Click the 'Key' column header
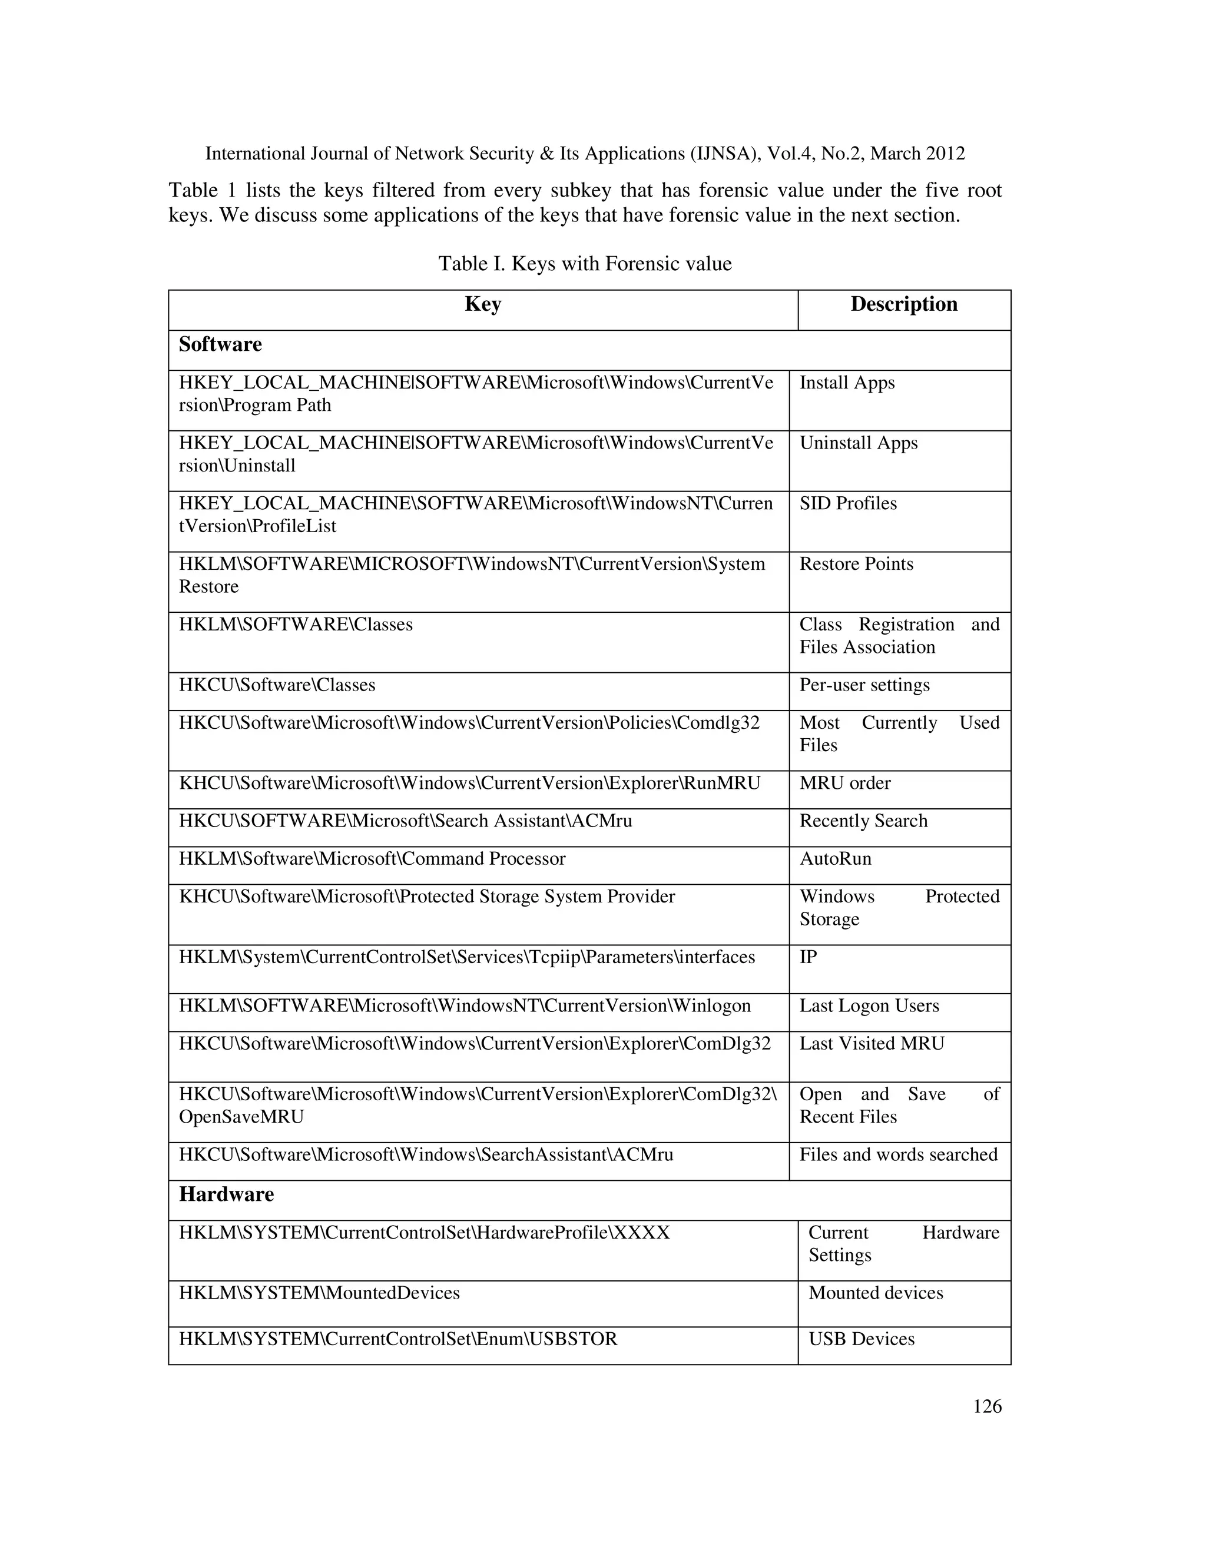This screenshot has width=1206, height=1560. click(483, 304)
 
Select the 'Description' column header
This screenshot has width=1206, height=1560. click(904, 304)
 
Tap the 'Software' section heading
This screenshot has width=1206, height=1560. click(220, 344)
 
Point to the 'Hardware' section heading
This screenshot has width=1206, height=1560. click(227, 1194)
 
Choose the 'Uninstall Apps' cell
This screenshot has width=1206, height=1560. click(858, 444)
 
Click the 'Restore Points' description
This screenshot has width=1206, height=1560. click(856, 565)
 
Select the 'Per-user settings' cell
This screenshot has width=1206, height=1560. click(864, 685)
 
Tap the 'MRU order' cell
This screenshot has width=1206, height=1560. click(844, 783)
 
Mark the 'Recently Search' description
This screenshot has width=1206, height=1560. click(863, 821)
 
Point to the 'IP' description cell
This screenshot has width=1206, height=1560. click(808, 957)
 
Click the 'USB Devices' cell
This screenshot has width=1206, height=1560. click(861, 1339)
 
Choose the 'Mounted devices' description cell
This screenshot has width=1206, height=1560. click(875, 1293)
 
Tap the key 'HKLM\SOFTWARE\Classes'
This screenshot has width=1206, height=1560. click(296, 625)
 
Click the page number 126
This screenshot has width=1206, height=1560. click(988, 1406)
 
